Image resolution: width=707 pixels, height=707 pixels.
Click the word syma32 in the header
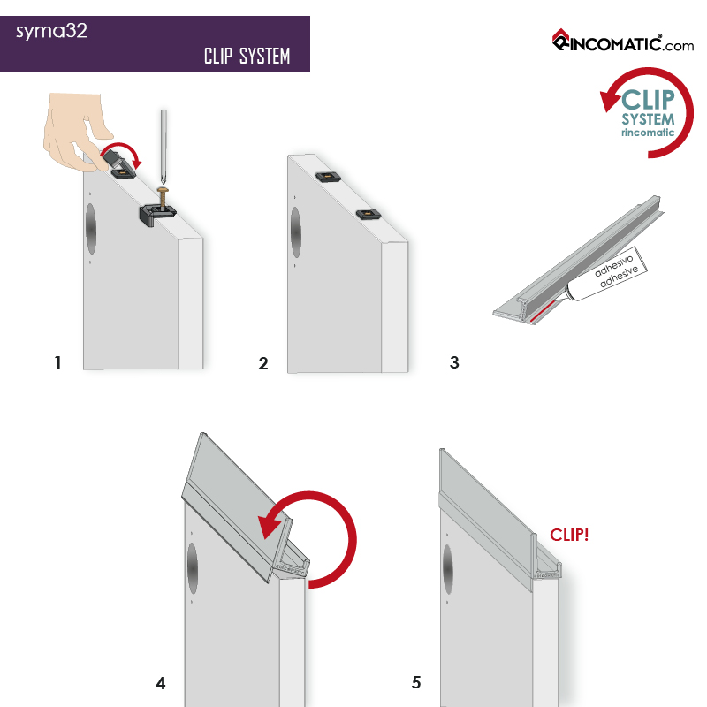51,33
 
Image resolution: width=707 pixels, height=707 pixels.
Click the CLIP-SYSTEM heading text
247,57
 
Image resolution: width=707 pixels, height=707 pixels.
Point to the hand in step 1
75,128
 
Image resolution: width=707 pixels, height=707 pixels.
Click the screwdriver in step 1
163,146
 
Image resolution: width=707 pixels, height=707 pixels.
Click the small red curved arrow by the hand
129,155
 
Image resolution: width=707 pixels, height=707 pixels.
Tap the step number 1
58,362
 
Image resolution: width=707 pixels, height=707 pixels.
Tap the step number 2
263,363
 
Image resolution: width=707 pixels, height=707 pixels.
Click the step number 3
454,362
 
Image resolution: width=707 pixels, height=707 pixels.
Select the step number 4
161,683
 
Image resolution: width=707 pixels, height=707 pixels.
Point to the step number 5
416,683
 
